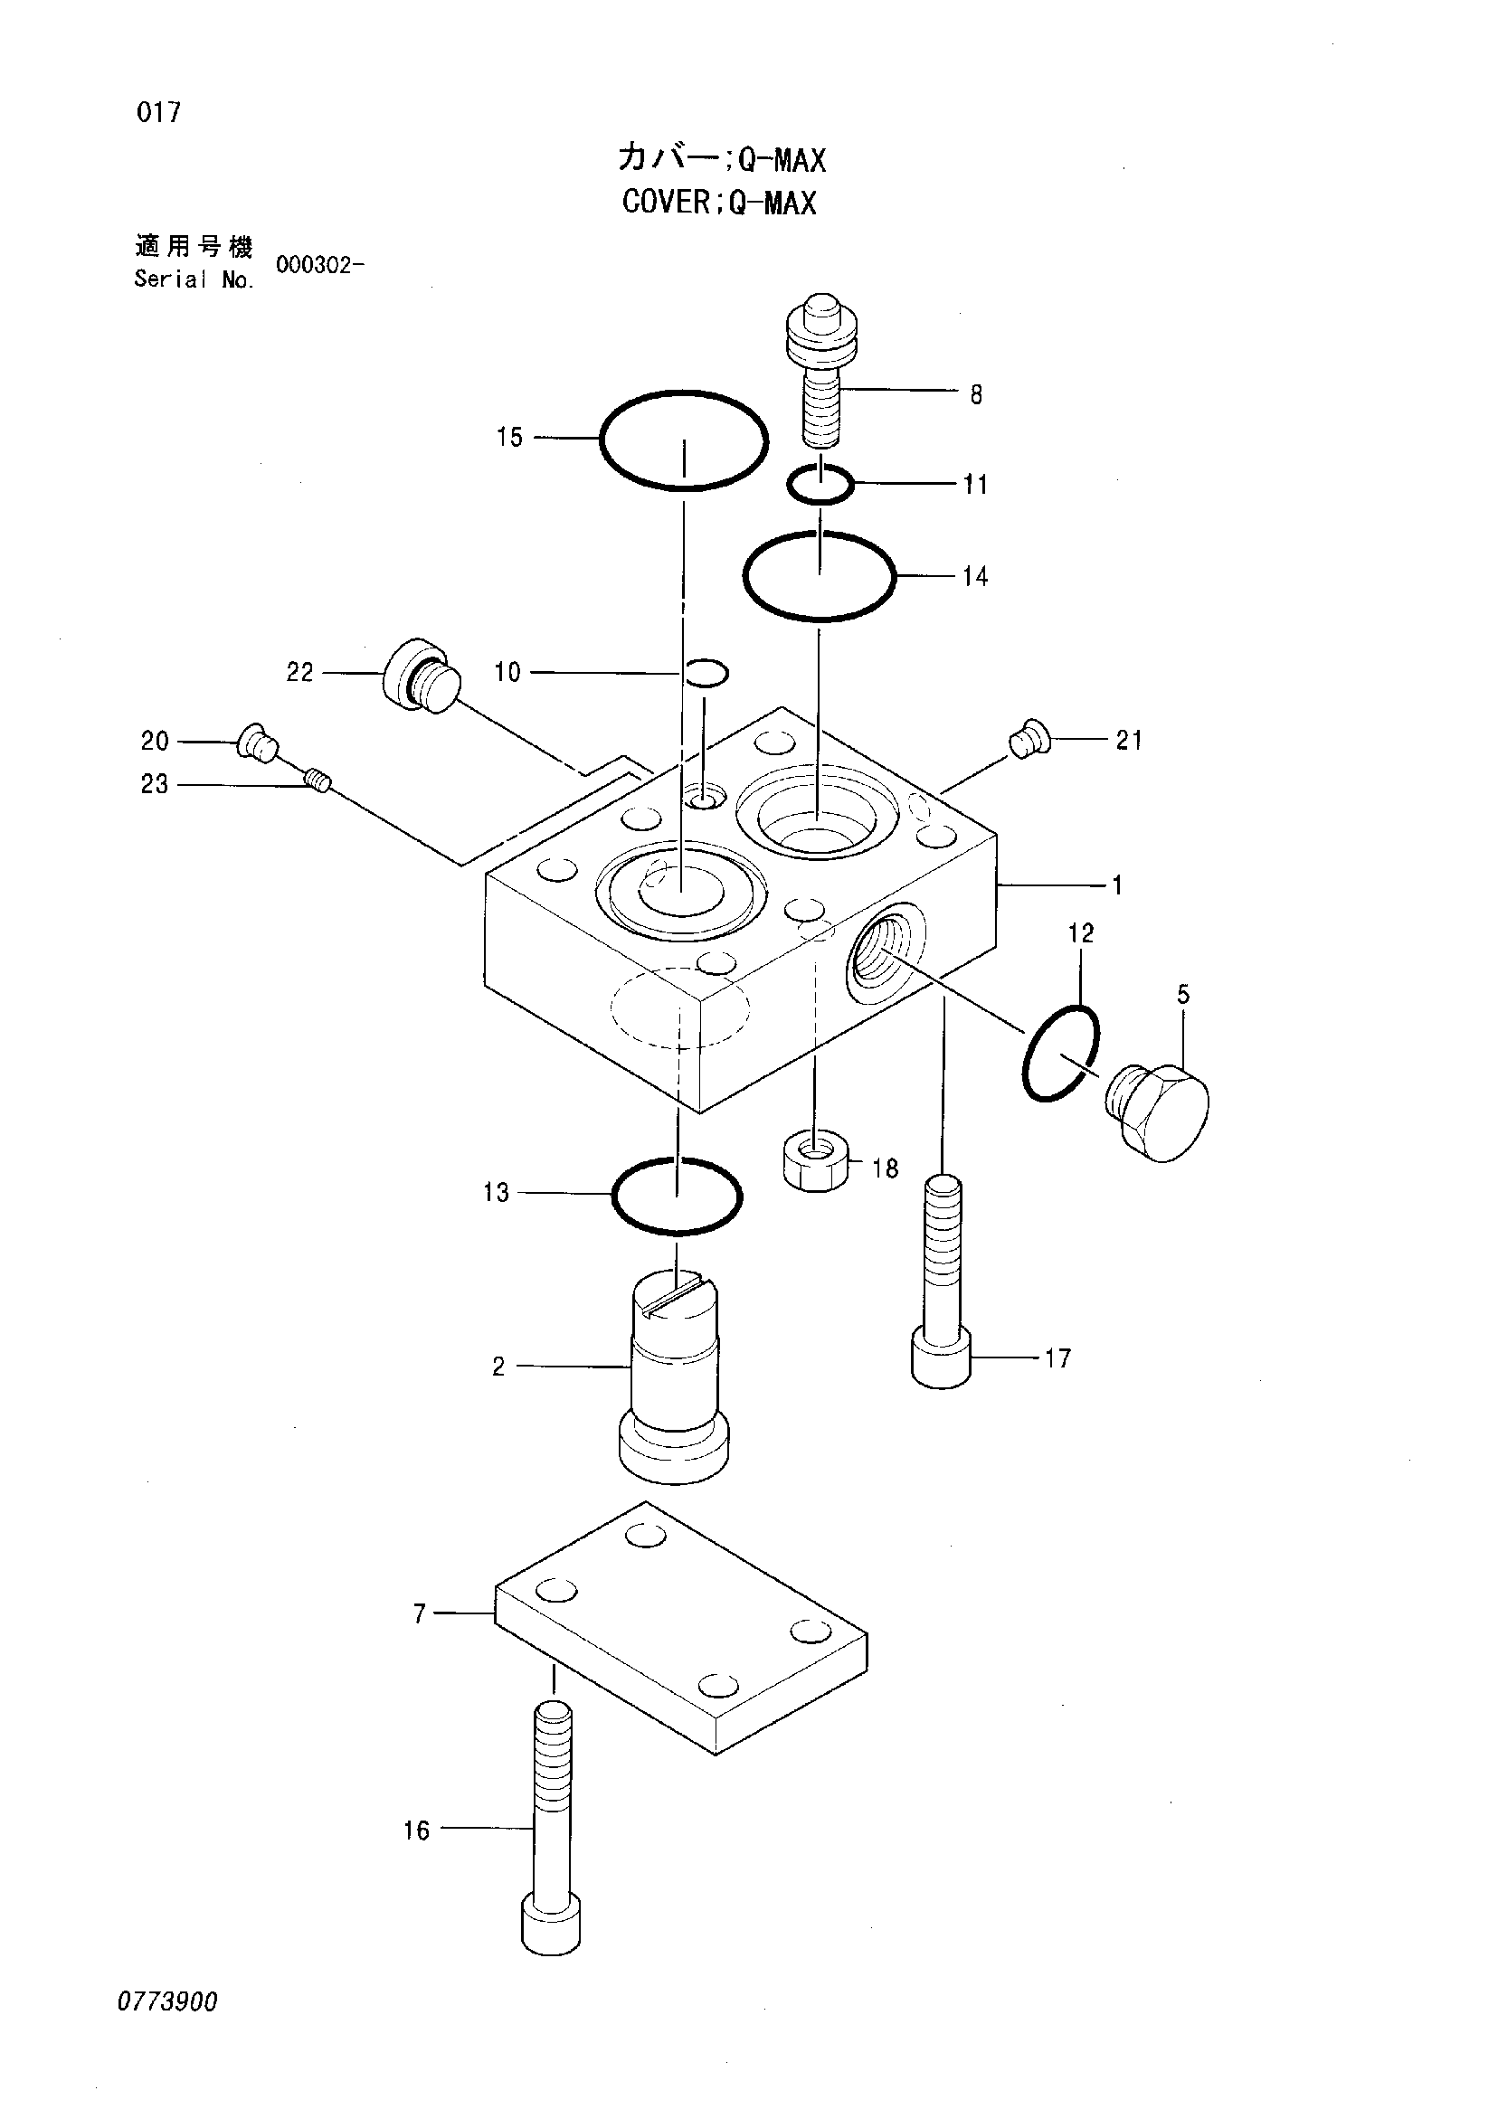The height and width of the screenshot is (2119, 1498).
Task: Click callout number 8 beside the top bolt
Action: [x=975, y=395]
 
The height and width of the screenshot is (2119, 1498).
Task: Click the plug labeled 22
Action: [x=421, y=675]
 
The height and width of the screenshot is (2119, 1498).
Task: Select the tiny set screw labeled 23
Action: [x=318, y=782]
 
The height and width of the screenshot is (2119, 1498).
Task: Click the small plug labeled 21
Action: [x=1028, y=741]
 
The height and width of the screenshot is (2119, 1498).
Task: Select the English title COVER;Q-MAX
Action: [x=719, y=202]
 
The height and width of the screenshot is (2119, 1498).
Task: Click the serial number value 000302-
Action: [x=319, y=266]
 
